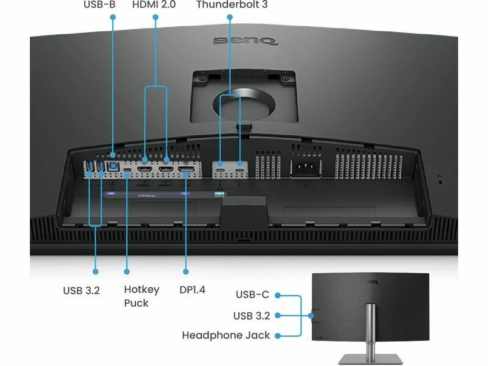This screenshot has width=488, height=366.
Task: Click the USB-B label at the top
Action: click(99, 5)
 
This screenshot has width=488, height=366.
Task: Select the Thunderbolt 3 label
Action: click(231, 5)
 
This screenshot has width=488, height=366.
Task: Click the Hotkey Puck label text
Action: click(142, 296)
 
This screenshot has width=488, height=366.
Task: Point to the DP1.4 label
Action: click(192, 290)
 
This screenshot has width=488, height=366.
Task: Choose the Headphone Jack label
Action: click(226, 335)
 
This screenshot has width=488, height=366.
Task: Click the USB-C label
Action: click(252, 295)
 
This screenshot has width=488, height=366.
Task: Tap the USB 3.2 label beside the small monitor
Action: click(251, 315)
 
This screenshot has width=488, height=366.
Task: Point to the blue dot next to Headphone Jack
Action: click(278, 335)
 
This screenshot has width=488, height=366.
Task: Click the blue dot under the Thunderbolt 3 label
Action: click(230, 16)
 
